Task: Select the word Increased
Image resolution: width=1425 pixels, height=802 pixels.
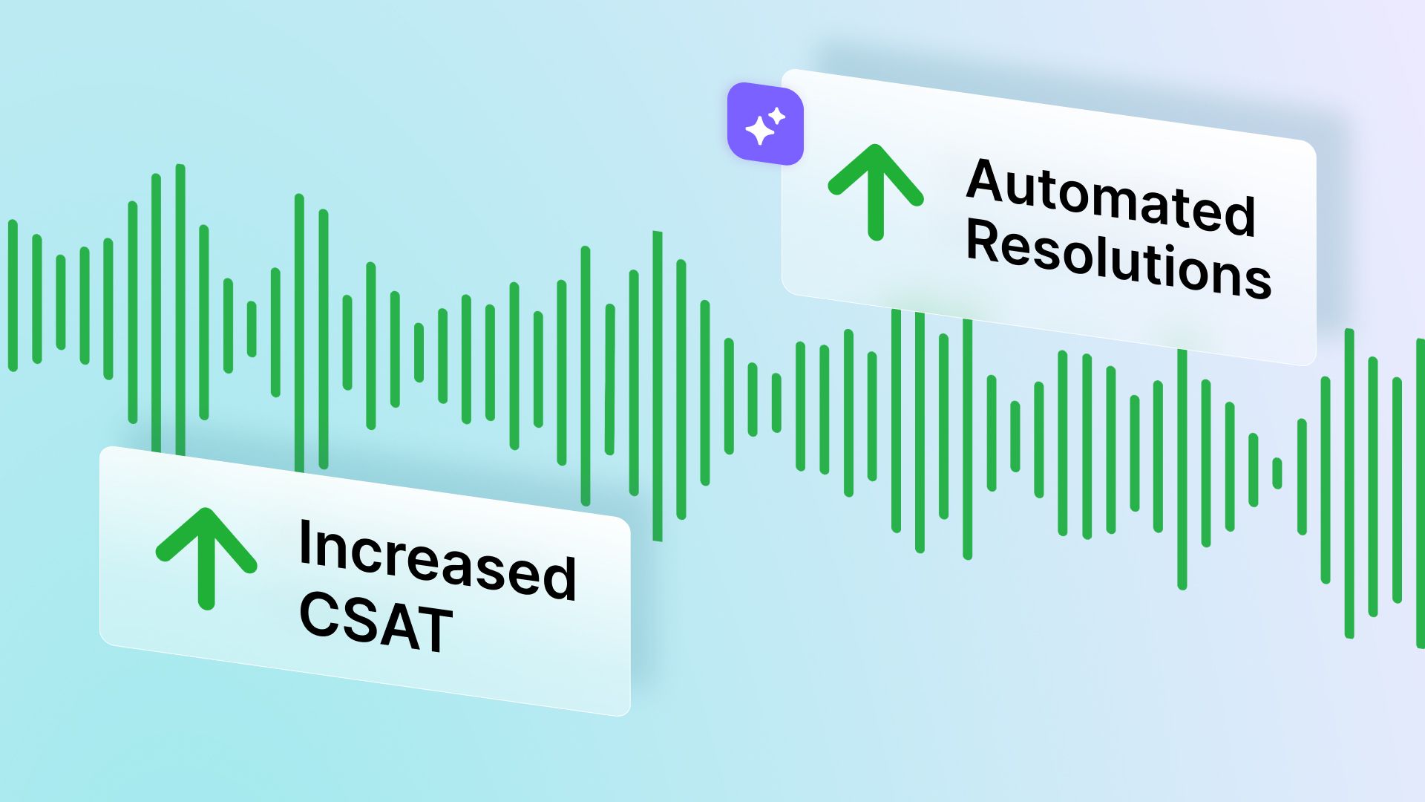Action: [437, 558]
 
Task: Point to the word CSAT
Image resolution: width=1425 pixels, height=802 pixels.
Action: [376, 622]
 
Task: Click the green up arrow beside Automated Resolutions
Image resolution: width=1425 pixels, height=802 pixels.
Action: [876, 192]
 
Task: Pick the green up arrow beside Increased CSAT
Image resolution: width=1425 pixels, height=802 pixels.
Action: [206, 557]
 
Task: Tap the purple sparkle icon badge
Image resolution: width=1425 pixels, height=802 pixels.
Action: [765, 123]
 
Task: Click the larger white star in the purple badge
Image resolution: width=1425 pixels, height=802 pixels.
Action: [759, 131]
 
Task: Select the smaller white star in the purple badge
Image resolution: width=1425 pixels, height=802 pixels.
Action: [777, 116]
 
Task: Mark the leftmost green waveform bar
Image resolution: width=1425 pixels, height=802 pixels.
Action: [13, 296]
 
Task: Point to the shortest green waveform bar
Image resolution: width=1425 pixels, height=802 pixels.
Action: [1277, 473]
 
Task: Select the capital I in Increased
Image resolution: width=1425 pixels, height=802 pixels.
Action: [304, 543]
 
